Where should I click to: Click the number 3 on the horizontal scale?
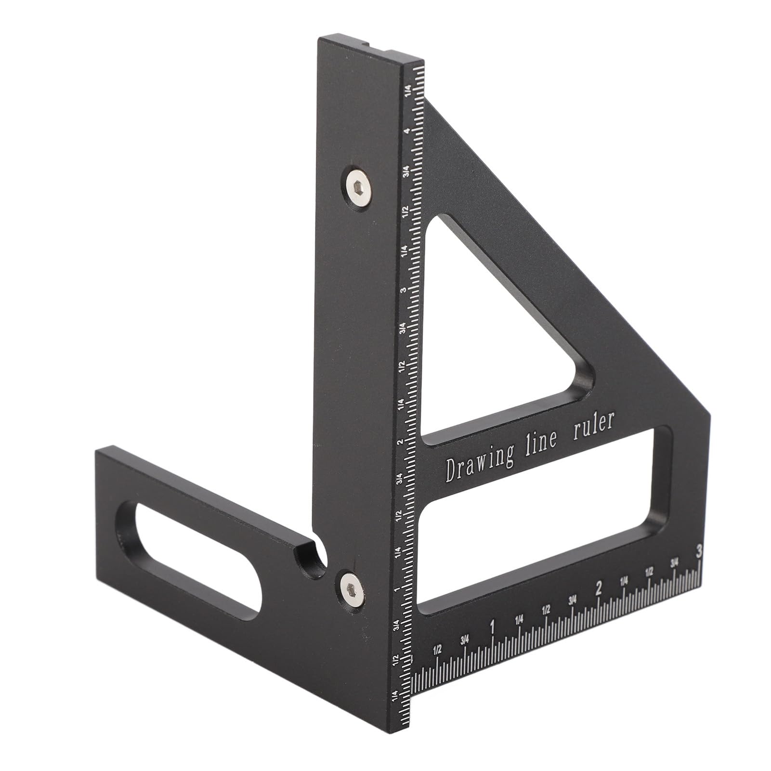pos(698,550)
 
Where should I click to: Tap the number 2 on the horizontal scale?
pos(598,588)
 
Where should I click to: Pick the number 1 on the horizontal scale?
pos(492,627)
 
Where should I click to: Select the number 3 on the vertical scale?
pos(403,290)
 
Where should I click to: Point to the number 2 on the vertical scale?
pos(400,442)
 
